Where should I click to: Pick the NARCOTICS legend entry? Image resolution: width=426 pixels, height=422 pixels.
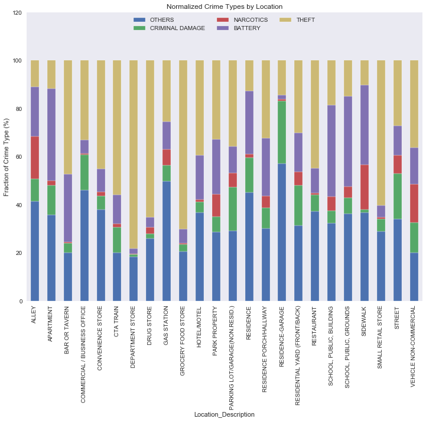(251, 19)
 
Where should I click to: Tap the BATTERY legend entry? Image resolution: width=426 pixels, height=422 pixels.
(247, 28)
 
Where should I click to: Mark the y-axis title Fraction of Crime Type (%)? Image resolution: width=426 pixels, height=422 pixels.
(7, 157)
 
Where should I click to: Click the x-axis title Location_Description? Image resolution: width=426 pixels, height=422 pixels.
(225, 415)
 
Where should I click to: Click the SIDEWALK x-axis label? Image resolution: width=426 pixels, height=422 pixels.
(365, 320)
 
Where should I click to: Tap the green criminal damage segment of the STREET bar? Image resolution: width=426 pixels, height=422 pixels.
(398, 197)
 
